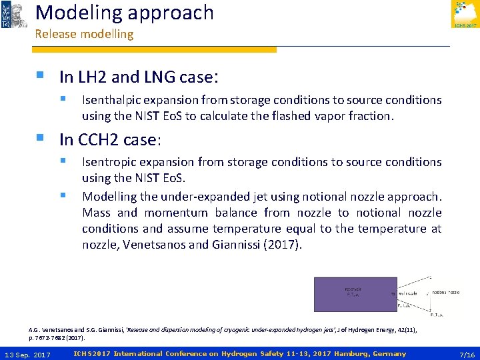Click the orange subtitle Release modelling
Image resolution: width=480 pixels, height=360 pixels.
pyautogui.click(x=84, y=34)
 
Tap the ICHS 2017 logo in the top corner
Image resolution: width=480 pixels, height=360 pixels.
pyautogui.click(x=465, y=15)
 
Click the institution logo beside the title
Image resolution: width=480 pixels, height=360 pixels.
pyautogui.click(x=14, y=15)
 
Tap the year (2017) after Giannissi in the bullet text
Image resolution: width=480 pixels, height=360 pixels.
pyautogui.click(x=283, y=245)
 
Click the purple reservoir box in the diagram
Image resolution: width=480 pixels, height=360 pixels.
pyautogui.click(x=355, y=293)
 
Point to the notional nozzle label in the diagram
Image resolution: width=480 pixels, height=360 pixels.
pyautogui.click(x=445, y=292)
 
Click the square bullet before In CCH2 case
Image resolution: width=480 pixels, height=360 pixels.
pyautogui.click(x=42, y=139)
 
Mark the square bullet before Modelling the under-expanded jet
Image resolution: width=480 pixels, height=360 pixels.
pyautogui.click(x=63, y=196)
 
